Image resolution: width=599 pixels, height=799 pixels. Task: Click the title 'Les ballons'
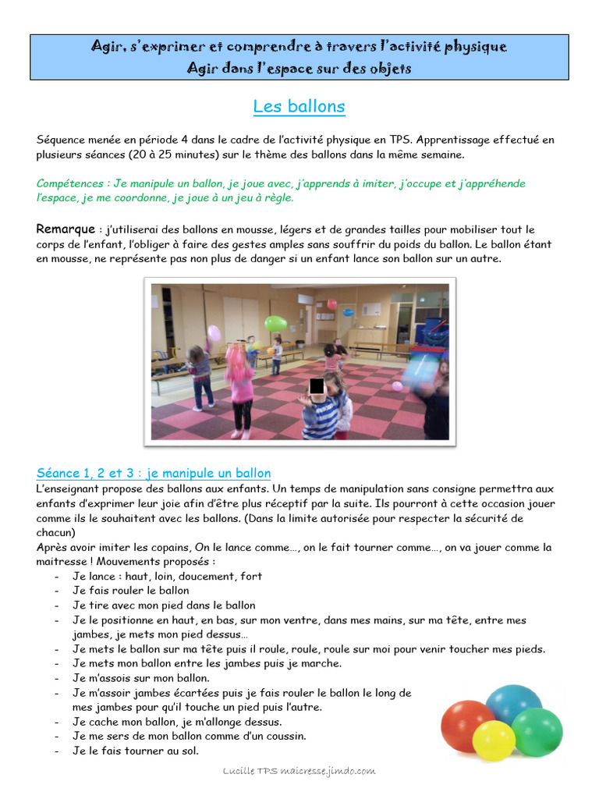click(299, 106)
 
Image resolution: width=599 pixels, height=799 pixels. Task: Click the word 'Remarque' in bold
click(66, 229)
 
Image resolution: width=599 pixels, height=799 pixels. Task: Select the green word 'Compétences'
click(69, 183)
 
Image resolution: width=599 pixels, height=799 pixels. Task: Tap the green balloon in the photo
click(275, 323)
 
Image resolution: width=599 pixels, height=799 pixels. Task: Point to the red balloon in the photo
click(332, 304)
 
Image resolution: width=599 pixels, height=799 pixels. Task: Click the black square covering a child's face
click(317, 385)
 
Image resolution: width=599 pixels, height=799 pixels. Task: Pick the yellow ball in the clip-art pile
click(494, 740)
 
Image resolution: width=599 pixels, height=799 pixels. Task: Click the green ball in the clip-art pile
click(537, 731)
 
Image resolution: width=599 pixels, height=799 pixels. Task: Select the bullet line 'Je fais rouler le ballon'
click(131, 591)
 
